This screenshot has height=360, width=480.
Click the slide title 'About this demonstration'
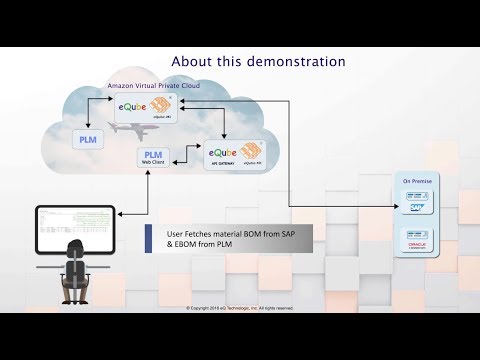[259, 61]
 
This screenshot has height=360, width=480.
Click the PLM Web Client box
[153, 157]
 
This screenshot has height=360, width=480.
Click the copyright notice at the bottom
[240, 308]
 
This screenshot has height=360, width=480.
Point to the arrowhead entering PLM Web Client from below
[152, 171]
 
